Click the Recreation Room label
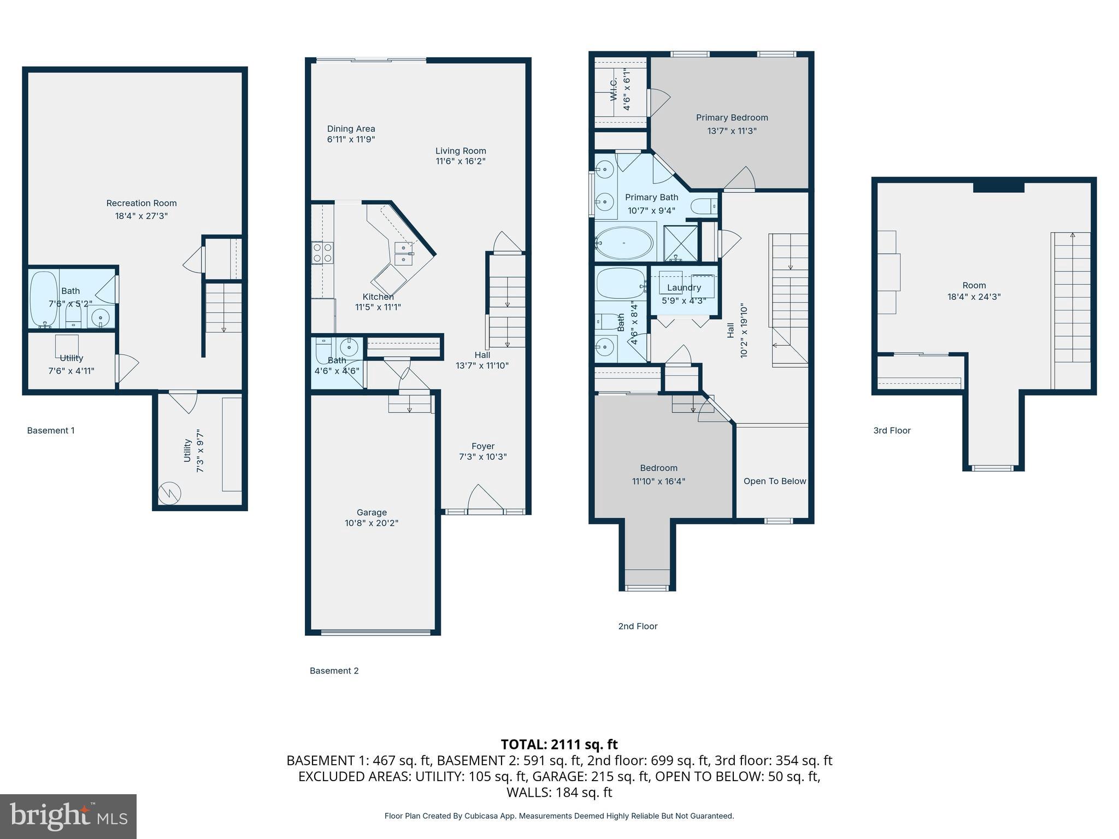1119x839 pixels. pyautogui.click(x=142, y=203)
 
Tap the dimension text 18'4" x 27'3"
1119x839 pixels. pyautogui.click(x=142, y=216)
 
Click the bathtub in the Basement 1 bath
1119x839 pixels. pyautogui.click(x=43, y=299)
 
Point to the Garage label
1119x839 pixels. pyautogui.click(x=372, y=512)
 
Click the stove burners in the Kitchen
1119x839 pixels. pyautogui.click(x=322, y=252)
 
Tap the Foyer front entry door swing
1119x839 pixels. pyautogui.click(x=484, y=498)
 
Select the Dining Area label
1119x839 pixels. pyautogui.click(x=351, y=129)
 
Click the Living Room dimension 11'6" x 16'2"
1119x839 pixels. pyautogui.click(x=461, y=161)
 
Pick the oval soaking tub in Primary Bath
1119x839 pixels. pyautogui.click(x=623, y=244)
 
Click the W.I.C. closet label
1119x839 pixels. pyautogui.click(x=613, y=89)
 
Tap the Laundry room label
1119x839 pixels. pyautogui.click(x=684, y=287)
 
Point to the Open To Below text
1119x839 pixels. pyautogui.click(x=774, y=481)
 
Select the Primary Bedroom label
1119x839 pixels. pyautogui.click(x=732, y=117)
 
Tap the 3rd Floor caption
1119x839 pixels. pyautogui.click(x=892, y=430)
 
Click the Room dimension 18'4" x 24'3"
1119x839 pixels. pyautogui.click(x=974, y=297)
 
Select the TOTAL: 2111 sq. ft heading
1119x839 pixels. pyautogui.click(x=559, y=745)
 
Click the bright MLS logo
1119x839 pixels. pyautogui.click(x=68, y=816)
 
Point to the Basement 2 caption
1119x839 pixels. pyautogui.click(x=334, y=671)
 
